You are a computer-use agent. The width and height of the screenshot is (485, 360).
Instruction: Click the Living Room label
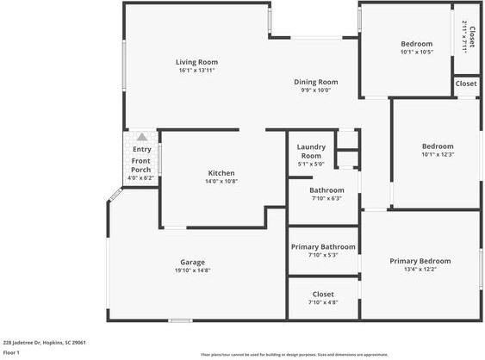click(196, 62)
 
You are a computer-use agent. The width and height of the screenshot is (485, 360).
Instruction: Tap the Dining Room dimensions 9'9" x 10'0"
click(315, 90)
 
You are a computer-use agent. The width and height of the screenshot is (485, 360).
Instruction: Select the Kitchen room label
click(221, 173)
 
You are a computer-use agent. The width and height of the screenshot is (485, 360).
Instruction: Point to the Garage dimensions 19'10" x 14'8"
click(192, 270)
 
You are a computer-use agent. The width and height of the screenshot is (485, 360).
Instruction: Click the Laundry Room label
click(310, 151)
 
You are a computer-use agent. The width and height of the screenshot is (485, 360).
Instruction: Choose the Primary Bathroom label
click(323, 246)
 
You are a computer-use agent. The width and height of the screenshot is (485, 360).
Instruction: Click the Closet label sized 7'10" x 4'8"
click(323, 295)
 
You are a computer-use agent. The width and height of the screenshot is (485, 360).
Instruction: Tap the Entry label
click(141, 150)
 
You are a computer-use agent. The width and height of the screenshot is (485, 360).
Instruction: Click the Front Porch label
click(140, 165)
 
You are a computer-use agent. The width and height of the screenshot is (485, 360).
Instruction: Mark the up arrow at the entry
click(142, 137)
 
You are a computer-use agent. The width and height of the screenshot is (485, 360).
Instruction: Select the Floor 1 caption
click(11, 352)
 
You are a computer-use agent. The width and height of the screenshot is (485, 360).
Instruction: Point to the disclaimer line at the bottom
click(294, 354)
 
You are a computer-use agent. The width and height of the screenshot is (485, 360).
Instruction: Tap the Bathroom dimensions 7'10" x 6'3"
click(326, 199)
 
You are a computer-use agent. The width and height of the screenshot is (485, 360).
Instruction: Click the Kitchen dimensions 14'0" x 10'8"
click(221, 182)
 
